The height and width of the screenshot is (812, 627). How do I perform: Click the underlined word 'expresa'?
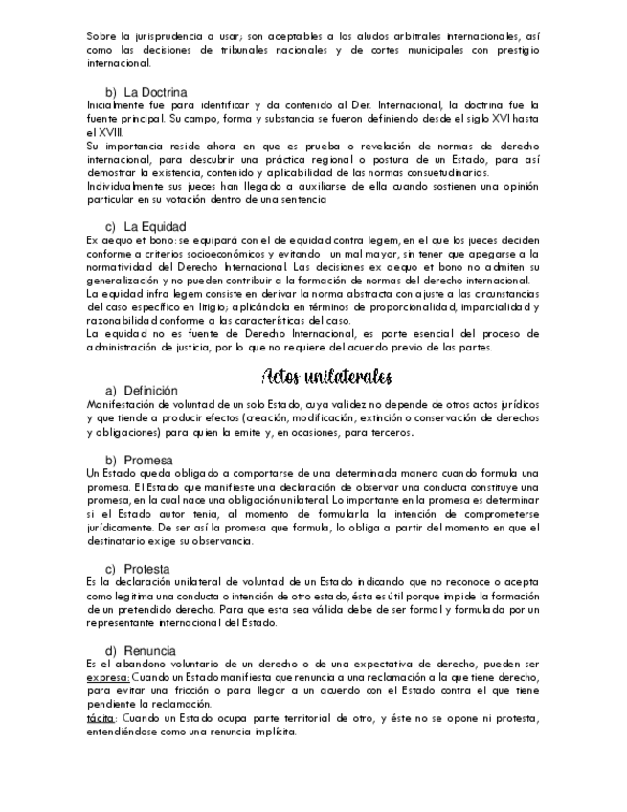107,676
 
